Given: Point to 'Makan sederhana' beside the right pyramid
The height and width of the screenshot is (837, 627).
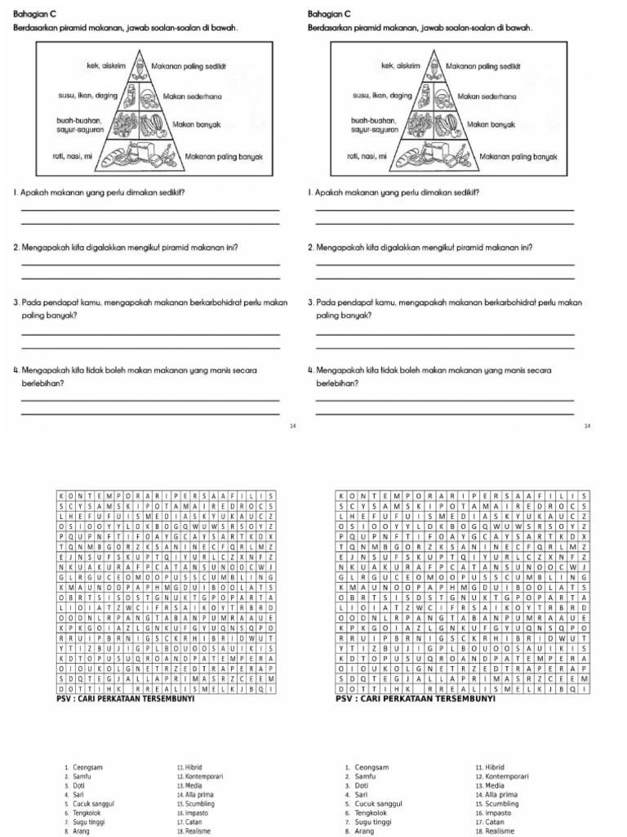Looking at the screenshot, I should (487, 96).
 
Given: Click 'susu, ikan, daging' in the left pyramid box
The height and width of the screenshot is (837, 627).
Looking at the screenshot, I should (87, 96).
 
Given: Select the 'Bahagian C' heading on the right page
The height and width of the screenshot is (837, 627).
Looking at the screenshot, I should (329, 14).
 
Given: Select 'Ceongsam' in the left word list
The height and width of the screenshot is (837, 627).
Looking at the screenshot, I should (87, 768).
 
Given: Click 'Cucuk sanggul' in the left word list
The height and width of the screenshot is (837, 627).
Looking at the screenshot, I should (93, 803).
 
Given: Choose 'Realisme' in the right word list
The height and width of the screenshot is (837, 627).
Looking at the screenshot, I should (496, 830).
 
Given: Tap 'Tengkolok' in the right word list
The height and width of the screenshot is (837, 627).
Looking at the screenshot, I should (372, 812).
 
